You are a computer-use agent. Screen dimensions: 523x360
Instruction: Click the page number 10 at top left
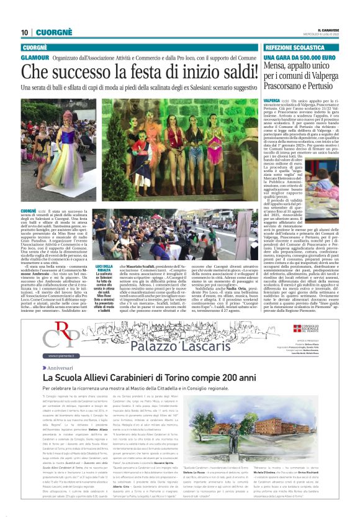24,32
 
